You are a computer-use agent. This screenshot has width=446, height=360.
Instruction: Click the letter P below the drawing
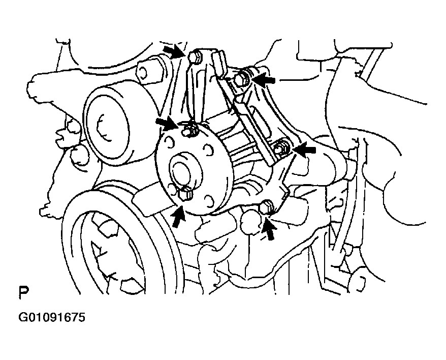tap(23, 293)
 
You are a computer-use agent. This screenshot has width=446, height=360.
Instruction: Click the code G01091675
tap(52, 317)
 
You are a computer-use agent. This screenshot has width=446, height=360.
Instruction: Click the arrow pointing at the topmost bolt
tap(174, 51)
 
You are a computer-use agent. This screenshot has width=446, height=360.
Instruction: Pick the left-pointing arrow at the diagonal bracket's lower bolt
tap(305, 149)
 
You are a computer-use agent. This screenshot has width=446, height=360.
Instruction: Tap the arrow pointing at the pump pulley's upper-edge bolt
tap(168, 124)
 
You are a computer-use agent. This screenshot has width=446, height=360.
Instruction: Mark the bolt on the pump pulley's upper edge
tap(189, 129)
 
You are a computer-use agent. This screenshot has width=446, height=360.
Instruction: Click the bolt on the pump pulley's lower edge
tap(184, 193)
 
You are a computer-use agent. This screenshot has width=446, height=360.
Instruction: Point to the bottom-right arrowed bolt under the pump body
tap(267, 206)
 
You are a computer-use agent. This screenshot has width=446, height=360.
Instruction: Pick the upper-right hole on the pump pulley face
tap(208, 150)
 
